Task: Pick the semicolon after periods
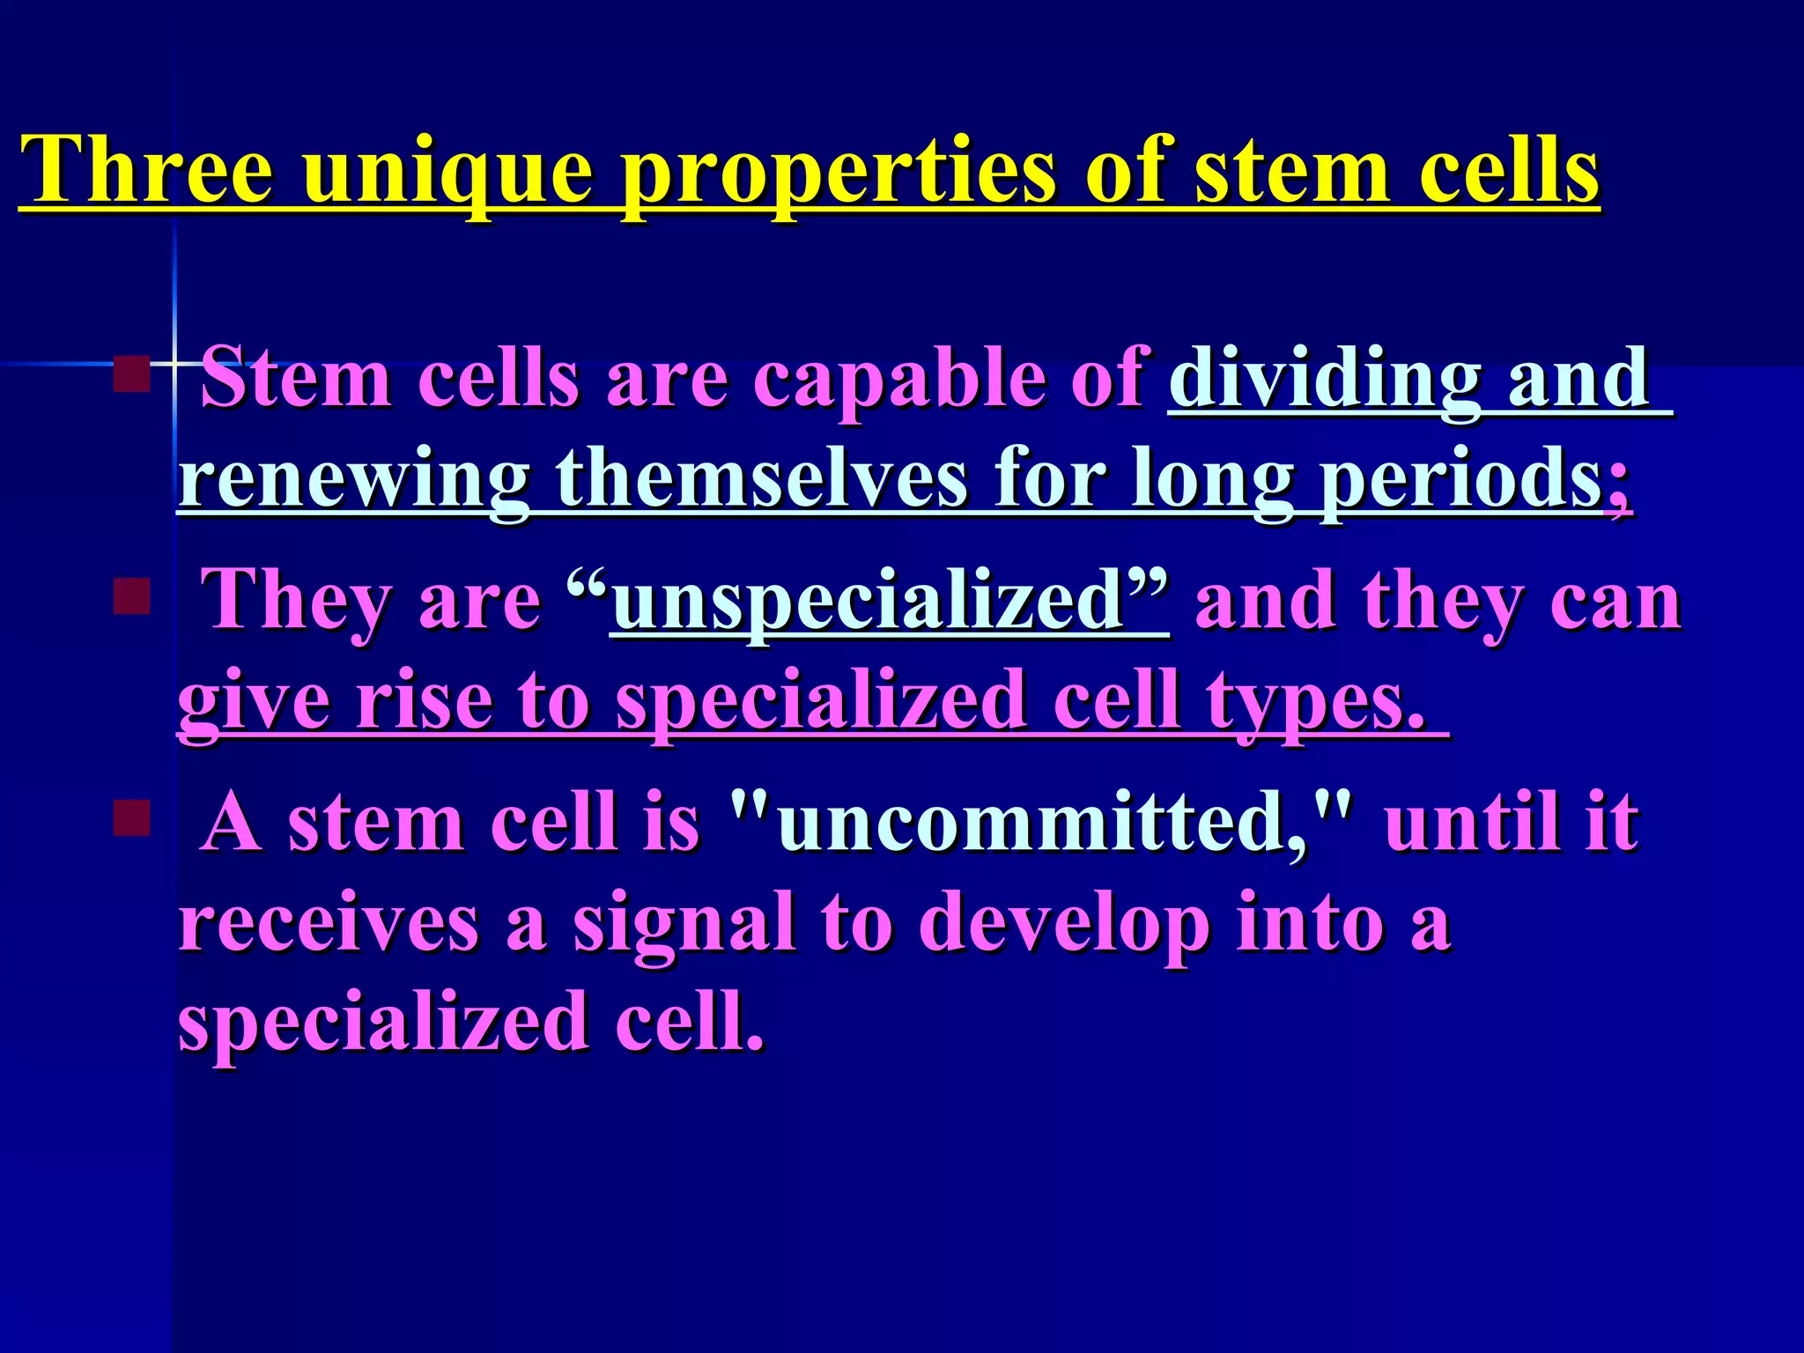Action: tap(1619, 486)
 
